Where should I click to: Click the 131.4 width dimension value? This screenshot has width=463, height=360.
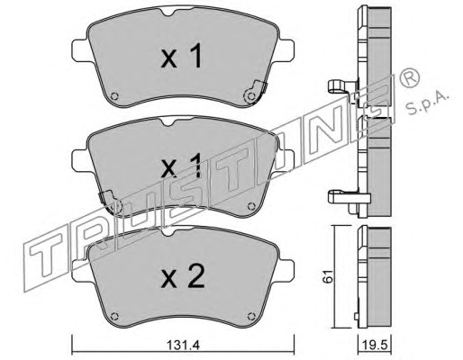pyautogui.click(x=183, y=346)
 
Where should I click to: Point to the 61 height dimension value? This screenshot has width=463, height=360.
pyautogui.click(x=328, y=276)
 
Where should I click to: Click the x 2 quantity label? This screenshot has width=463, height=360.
pyautogui.click(x=183, y=277)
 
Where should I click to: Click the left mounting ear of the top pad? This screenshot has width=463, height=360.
pyautogui.click(x=81, y=50)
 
